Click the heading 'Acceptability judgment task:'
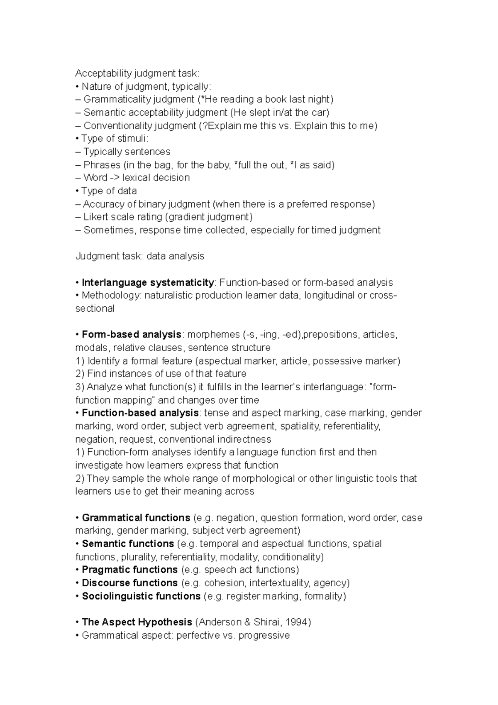pyautogui.click(x=137, y=73)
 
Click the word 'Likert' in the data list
pyautogui.click(x=96, y=217)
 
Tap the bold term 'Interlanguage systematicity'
pyautogui.click(x=148, y=283)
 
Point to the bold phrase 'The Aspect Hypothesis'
pyautogui.click(x=137, y=622)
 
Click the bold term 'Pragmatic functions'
pyautogui.click(x=129, y=570)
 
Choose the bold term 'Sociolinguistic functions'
pyautogui.click(x=141, y=596)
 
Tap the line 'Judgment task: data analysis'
pyautogui.click(x=139, y=256)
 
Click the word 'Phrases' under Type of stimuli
pyautogui.click(x=101, y=165)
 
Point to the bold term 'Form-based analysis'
pyautogui.click(x=132, y=335)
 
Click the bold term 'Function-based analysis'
pyautogui.click(x=140, y=413)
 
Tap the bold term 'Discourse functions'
pyautogui.click(x=129, y=583)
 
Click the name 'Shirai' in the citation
pyautogui.click(x=266, y=622)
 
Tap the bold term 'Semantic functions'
pyautogui.click(x=128, y=544)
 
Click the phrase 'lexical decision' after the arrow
pyautogui.click(x=156, y=178)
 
